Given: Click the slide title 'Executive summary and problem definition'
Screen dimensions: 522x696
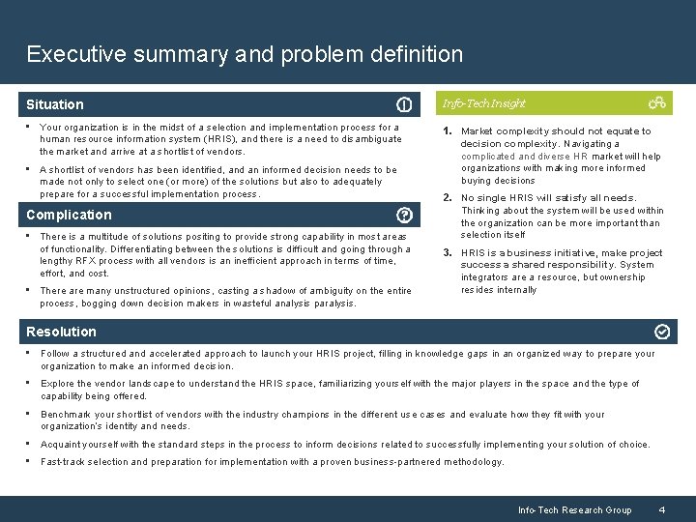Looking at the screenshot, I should pyautogui.click(x=245, y=54).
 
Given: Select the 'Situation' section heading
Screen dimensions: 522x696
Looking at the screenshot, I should pyautogui.click(x=55, y=104).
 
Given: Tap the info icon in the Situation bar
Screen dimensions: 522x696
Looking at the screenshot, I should pyautogui.click(x=404, y=104).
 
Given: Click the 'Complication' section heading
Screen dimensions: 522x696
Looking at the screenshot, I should pyautogui.click(x=69, y=215).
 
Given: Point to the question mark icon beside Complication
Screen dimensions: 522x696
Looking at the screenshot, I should pyautogui.click(x=404, y=215).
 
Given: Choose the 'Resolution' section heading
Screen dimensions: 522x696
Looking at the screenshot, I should pyautogui.click(x=61, y=332).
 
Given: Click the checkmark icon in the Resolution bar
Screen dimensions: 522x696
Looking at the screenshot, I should pyautogui.click(x=662, y=332).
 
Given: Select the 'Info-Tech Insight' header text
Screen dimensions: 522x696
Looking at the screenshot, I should pyautogui.click(x=483, y=103).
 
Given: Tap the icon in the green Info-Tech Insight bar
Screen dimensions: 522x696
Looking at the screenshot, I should pyautogui.click(x=657, y=102).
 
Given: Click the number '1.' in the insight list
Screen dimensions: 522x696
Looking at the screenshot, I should pyautogui.click(x=448, y=130).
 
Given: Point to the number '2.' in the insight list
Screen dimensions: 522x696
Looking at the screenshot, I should pyautogui.click(x=448, y=198).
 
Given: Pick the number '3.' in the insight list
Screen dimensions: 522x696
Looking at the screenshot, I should pyautogui.click(x=448, y=253).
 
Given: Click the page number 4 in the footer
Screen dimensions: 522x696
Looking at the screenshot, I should pyautogui.click(x=661, y=509).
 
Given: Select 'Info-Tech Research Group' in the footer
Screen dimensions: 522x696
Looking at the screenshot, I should pyautogui.click(x=574, y=509).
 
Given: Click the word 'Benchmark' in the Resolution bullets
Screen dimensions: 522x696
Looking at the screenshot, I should pyautogui.click(x=65, y=414).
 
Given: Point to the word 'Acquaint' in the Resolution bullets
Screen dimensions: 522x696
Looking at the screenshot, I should pyautogui.click(x=60, y=445).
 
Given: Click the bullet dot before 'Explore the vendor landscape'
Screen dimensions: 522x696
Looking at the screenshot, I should pyautogui.click(x=30, y=384).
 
